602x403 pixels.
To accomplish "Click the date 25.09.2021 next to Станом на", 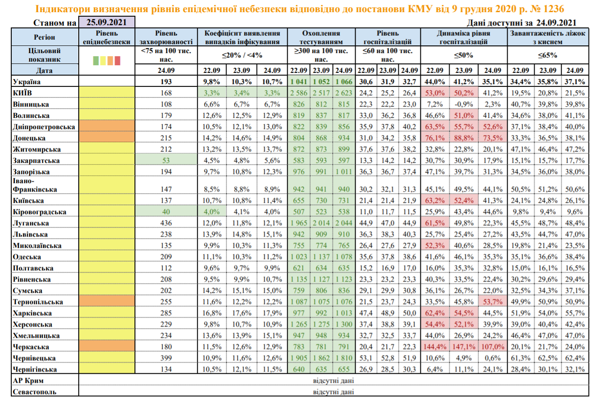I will [107, 22].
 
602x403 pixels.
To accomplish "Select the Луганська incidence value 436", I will [166, 223].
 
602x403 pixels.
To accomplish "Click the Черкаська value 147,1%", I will [464, 346].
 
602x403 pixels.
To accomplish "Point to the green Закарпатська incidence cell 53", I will [166, 160].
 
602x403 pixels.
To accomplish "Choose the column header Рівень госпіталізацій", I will [387, 37].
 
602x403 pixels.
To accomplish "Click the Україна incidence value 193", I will [166, 82].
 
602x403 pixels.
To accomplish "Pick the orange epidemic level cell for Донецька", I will [107, 138].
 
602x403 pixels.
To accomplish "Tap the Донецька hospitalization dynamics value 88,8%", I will [464, 138].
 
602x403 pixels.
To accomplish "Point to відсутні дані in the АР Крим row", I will [333, 381].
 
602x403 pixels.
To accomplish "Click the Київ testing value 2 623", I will [344, 93].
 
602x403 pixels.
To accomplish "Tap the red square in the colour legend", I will [118, 60].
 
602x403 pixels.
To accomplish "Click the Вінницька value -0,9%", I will [464, 104].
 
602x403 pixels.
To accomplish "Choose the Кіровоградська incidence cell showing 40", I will [166, 212].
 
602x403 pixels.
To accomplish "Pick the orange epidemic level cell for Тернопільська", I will [107, 301].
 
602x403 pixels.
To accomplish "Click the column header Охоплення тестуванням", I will [321, 37].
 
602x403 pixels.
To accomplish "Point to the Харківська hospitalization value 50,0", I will [410, 313].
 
